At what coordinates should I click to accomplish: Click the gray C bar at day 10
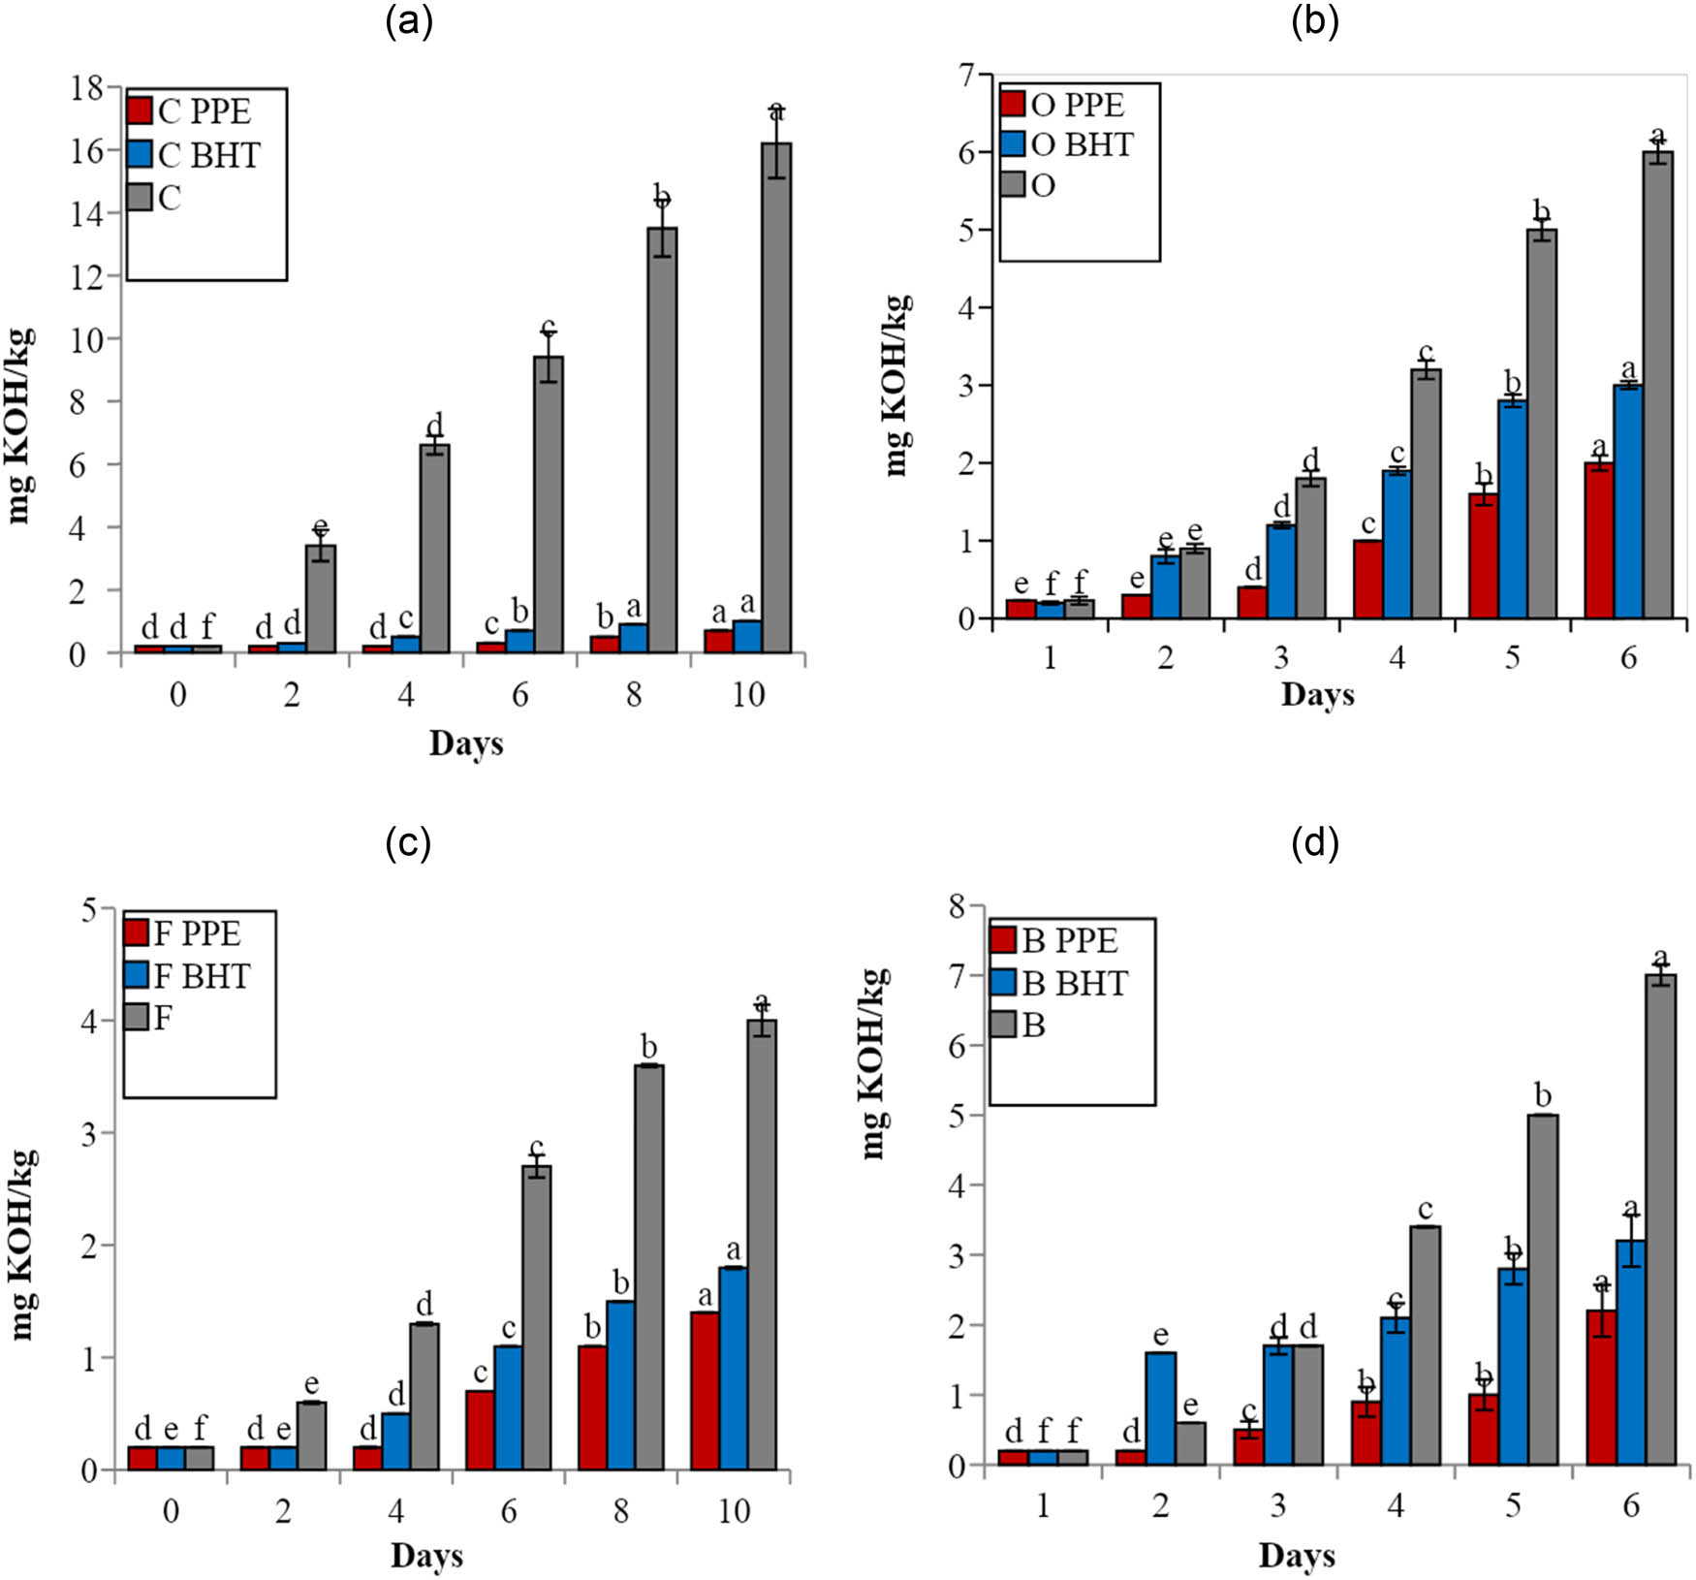coord(775,397)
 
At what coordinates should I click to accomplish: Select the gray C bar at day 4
coord(434,548)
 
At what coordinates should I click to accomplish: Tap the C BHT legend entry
coord(194,155)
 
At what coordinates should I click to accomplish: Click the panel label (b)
coord(1315,21)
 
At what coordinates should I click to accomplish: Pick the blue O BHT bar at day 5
coord(1513,509)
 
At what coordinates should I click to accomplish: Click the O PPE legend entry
coord(1063,105)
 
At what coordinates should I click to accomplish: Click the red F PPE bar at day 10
coord(705,1390)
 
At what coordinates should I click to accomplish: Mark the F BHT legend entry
coord(187,976)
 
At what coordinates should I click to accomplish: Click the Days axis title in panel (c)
coord(426,1557)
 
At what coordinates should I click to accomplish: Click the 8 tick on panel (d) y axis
coord(958,907)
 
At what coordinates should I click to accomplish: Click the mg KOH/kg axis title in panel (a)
coord(21,427)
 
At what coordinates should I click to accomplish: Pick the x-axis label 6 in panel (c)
coord(509,1512)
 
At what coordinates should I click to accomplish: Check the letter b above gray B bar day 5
coord(1543,1096)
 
